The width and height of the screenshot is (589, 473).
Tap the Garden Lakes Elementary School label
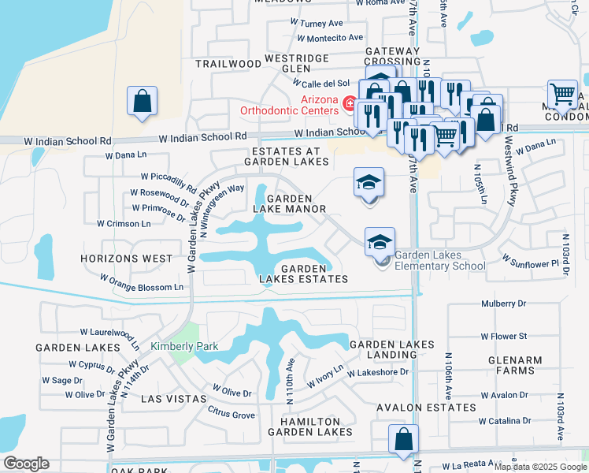[439, 260]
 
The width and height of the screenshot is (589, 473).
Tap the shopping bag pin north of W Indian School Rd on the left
[142, 102]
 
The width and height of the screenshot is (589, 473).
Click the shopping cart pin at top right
[562, 94]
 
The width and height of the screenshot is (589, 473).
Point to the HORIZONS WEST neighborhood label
[127, 259]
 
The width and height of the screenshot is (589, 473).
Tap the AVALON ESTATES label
[426, 408]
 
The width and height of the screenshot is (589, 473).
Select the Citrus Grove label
[231, 415]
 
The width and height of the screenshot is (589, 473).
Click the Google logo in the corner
[26, 464]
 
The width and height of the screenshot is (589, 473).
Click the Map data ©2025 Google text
[540, 467]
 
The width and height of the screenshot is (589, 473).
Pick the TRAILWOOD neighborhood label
[228, 63]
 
